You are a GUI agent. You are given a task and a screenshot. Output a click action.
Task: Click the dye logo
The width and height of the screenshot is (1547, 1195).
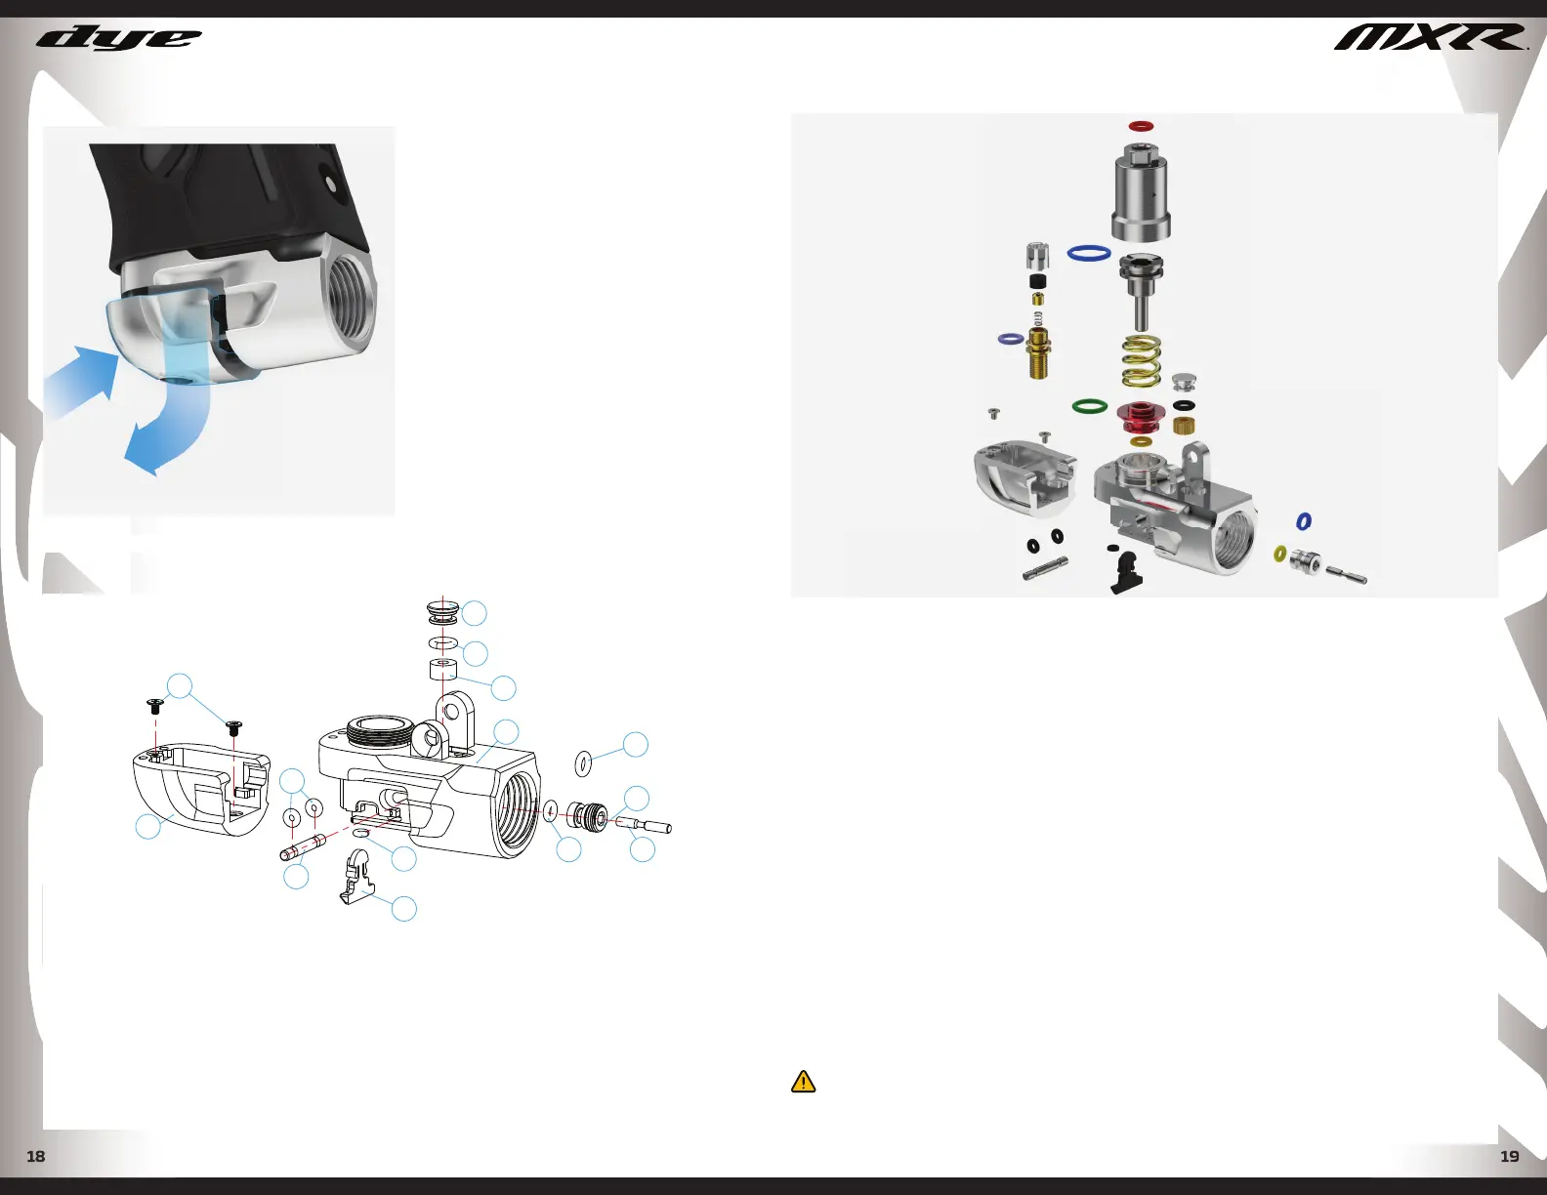coord(119,39)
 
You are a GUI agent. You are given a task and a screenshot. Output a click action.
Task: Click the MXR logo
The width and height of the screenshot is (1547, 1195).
coord(1430,38)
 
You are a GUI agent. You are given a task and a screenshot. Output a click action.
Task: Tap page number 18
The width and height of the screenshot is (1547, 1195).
coord(35,1157)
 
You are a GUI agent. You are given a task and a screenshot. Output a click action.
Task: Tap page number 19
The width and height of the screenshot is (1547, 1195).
coord(1509,1157)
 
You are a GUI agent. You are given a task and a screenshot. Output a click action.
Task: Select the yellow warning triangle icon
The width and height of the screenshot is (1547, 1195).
coord(803,1082)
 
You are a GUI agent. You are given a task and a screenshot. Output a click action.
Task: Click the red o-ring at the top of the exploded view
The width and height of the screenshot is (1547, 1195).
coord(1141,126)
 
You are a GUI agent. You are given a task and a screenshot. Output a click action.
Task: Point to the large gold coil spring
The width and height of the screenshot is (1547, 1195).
coord(1141,361)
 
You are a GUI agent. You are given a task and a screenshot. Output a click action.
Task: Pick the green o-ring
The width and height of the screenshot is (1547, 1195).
coord(1089,406)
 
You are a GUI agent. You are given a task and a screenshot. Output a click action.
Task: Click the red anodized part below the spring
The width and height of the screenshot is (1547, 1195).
coord(1141,418)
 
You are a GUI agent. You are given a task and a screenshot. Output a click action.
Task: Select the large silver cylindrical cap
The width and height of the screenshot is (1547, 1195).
coord(1141,192)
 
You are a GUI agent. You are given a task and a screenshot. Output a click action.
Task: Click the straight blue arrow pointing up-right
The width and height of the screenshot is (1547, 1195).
coord(80,381)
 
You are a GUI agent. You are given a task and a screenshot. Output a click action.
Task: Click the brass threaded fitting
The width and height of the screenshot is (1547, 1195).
coord(1039,352)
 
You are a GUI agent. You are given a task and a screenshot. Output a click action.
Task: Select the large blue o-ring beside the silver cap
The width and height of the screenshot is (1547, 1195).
coord(1089,253)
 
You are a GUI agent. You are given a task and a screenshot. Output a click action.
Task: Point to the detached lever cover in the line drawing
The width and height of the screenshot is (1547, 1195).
coord(201,789)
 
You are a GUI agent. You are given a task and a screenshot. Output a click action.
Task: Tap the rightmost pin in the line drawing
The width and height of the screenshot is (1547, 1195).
coord(644,826)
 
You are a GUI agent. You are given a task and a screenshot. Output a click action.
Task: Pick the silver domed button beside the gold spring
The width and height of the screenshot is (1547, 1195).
coord(1184,382)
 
